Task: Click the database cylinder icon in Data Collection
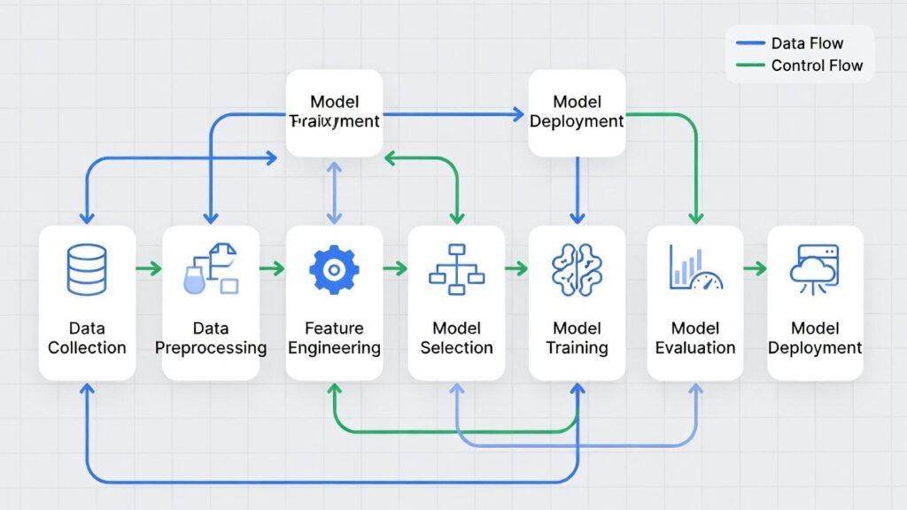pyautogui.click(x=87, y=269)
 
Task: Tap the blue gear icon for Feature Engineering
pyautogui.click(x=334, y=269)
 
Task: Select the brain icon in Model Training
pyautogui.click(x=576, y=269)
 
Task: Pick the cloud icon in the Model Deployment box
pyautogui.click(x=814, y=269)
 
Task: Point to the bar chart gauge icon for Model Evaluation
pyautogui.click(x=696, y=269)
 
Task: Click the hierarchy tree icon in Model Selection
pyautogui.click(x=455, y=269)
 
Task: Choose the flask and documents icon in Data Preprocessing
pyautogui.click(x=211, y=269)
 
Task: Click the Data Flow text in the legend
pyautogui.click(x=807, y=43)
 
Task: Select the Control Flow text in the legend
pyautogui.click(x=817, y=66)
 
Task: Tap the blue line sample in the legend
pyautogui.click(x=748, y=43)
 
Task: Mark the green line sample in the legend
pyautogui.click(x=748, y=66)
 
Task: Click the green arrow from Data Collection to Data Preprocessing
pyautogui.click(x=149, y=267)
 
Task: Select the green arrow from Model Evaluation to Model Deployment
pyautogui.click(x=755, y=267)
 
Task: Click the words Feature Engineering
pyautogui.click(x=334, y=338)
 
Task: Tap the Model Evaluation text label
pyautogui.click(x=695, y=338)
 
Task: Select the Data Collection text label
pyautogui.click(x=87, y=338)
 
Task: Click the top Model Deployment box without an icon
pyautogui.click(x=577, y=112)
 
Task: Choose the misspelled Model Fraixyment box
pyautogui.click(x=334, y=112)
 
